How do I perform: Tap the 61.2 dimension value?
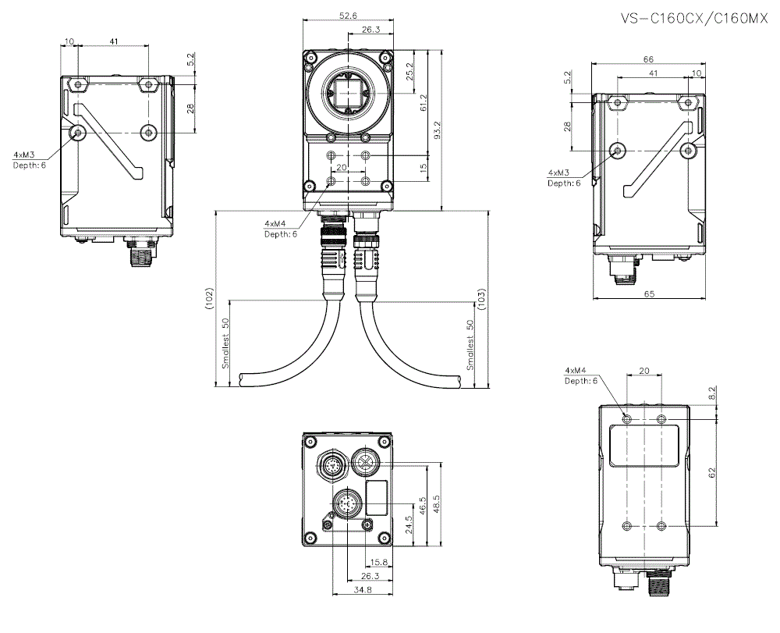424,102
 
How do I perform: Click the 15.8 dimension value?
380,562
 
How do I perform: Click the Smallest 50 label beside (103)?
470,344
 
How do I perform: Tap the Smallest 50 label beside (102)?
225,343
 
